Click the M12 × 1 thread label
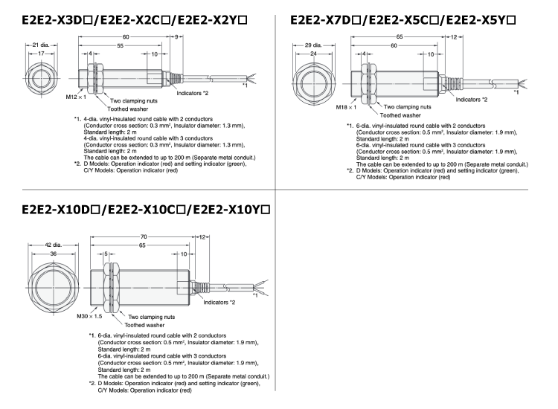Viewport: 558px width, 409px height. click(76, 97)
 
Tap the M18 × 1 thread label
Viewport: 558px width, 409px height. click(346, 107)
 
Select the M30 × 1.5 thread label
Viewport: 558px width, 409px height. click(89, 316)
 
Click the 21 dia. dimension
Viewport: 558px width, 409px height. click(40, 45)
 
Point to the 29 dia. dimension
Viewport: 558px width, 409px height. click(313, 45)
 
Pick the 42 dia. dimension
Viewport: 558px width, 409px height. click(53, 245)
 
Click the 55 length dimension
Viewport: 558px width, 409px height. click(121, 45)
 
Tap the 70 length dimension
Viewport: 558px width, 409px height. click(143, 236)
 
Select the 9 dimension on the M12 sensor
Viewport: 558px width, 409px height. click(177, 36)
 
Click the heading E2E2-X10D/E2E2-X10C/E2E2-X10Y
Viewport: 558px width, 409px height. click(146, 210)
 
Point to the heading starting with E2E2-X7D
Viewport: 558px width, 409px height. click(403, 20)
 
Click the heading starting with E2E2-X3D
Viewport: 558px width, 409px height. click(135, 20)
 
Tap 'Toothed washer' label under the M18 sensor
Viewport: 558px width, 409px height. click(400, 115)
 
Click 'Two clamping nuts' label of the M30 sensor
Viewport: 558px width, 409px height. click(151, 317)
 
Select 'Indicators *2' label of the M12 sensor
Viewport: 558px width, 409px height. click(193, 93)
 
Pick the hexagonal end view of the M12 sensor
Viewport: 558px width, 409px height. click(42, 79)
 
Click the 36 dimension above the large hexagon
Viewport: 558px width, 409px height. click(53, 254)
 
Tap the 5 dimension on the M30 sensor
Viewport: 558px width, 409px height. click(106, 254)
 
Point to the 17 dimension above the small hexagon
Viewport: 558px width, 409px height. click(41, 54)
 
